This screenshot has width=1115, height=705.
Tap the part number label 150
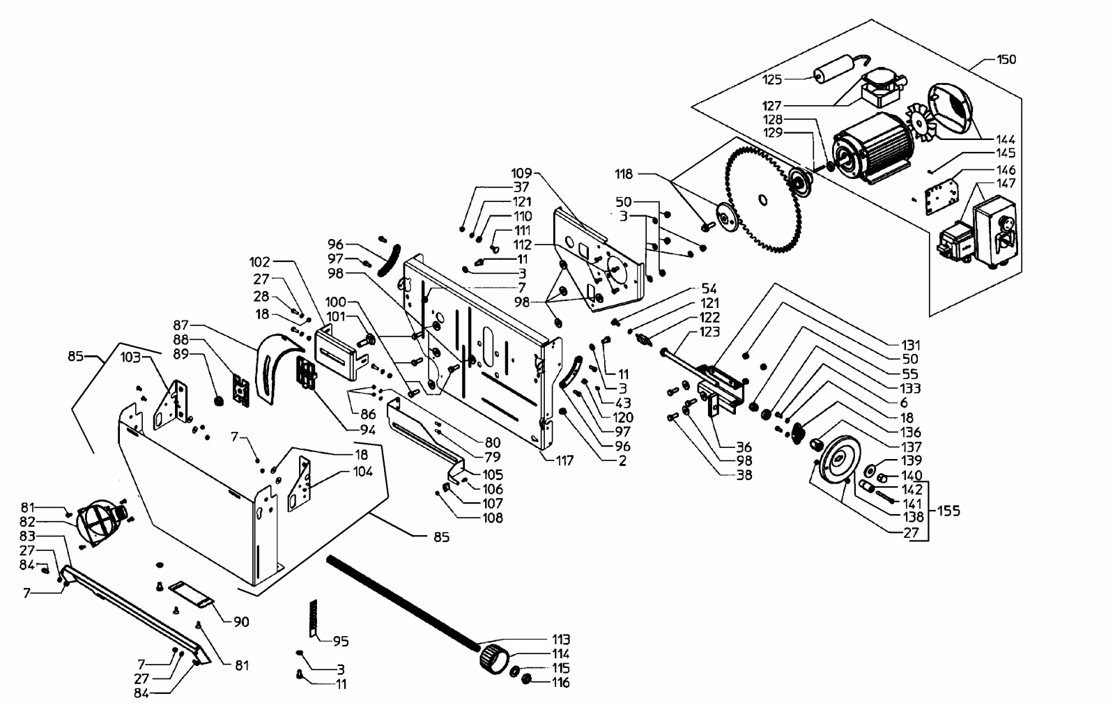click(1006, 59)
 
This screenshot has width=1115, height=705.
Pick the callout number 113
click(560, 640)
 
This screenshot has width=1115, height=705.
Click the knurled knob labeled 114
click(494, 658)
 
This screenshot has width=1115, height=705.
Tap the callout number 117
click(565, 460)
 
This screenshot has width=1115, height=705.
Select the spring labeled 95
click(313, 618)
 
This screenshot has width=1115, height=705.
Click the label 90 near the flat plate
click(241, 622)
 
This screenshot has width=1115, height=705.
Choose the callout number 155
click(948, 511)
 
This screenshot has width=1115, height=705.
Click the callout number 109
click(522, 173)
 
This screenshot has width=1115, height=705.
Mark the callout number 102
click(260, 262)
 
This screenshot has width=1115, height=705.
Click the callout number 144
click(1006, 139)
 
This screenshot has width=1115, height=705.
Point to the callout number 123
click(709, 332)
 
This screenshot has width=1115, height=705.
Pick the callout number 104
click(363, 471)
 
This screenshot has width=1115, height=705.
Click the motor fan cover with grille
click(950, 109)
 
